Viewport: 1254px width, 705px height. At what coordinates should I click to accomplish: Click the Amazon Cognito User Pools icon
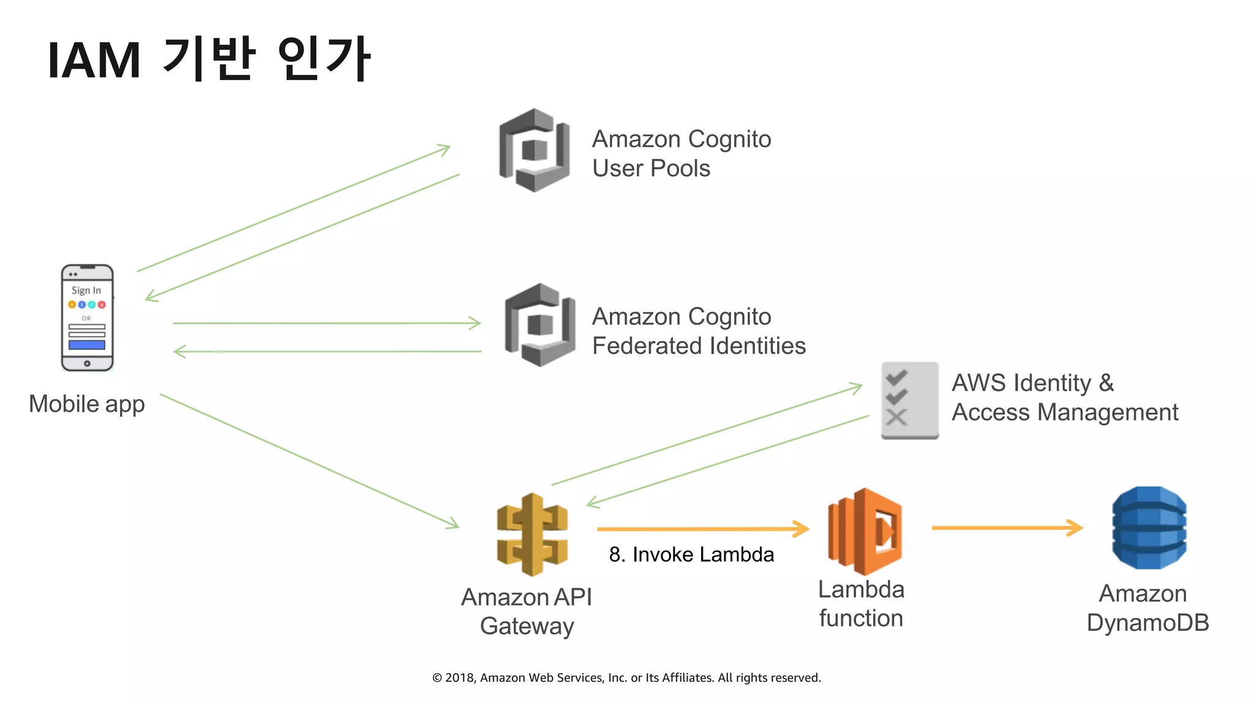[x=535, y=150]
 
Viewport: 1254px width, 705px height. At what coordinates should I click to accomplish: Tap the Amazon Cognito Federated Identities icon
[x=539, y=325]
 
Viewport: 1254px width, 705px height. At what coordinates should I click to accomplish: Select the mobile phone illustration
[x=87, y=318]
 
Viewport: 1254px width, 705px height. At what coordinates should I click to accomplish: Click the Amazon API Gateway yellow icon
[x=532, y=534]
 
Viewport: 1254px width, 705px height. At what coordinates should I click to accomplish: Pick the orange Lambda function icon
[x=865, y=531]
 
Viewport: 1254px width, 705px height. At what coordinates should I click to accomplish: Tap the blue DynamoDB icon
[x=1149, y=528]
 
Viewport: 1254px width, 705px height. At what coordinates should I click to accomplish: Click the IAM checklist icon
[x=909, y=400]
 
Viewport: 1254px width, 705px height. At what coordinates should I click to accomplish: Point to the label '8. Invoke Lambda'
[x=691, y=554]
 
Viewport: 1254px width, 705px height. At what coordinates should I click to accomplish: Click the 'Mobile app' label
[x=86, y=405]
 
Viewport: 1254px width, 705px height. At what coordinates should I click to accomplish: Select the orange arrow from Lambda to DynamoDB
[x=1007, y=528]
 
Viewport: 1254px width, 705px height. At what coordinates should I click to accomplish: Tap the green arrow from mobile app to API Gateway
[x=309, y=461]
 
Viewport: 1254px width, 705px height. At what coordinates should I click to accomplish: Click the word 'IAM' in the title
[x=94, y=61]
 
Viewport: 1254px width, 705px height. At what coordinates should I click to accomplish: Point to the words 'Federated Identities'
[x=699, y=346]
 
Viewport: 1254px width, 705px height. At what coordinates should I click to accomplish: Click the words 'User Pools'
[x=651, y=168]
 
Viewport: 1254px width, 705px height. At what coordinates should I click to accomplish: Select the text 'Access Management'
[x=1064, y=412]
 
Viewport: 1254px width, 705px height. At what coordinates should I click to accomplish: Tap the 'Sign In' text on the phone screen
[x=86, y=290]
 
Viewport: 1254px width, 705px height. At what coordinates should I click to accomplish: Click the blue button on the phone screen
[x=87, y=345]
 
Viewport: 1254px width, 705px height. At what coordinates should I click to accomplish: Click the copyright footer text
[x=626, y=677]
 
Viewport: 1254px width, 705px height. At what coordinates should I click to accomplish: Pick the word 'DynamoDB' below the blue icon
[x=1147, y=623]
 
